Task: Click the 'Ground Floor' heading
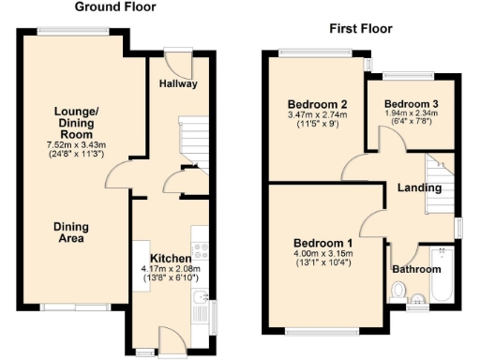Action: click(x=115, y=7)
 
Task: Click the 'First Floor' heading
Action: click(x=359, y=29)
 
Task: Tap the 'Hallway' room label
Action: click(x=177, y=83)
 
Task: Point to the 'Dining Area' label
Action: click(x=69, y=232)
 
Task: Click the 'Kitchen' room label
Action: click(x=171, y=258)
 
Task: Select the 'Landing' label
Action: click(x=418, y=187)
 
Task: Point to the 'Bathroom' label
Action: click(x=416, y=269)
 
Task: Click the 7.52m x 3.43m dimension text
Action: click(x=77, y=145)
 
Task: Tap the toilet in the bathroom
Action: click(x=400, y=292)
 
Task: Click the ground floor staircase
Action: click(x=193, y=140)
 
